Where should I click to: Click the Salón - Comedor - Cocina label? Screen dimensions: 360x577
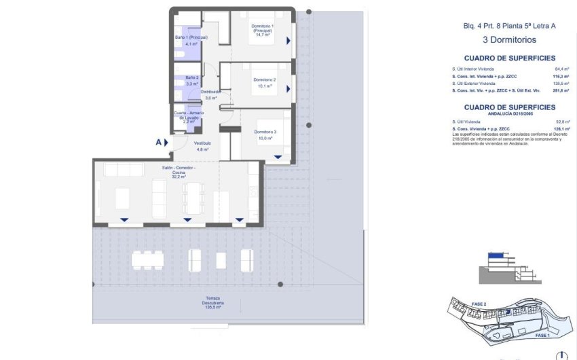point(179,170)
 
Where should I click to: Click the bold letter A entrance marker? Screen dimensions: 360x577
point(158,143)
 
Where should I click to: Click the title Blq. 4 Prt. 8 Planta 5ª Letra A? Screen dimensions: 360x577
point(509,26)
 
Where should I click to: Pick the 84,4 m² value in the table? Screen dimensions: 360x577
point(561,69)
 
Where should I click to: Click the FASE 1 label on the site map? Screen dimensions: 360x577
point(542,336)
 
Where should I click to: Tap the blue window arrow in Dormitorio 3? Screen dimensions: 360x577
point(278,157)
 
